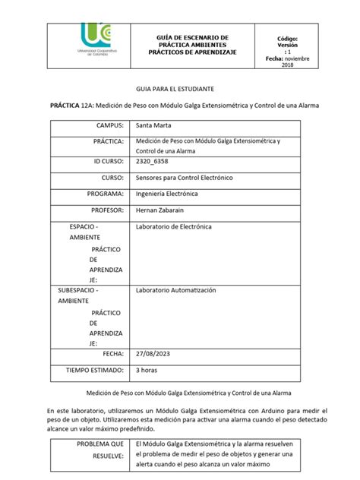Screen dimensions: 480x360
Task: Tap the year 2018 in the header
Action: [x=287, y=66]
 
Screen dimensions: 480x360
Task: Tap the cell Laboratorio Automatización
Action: [x=176, y=290]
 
